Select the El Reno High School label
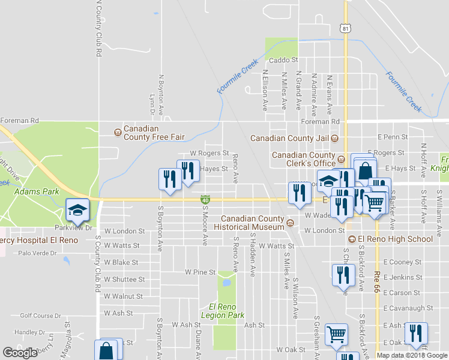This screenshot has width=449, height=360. tap(395, 239)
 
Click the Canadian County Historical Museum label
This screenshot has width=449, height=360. tap(253, 223)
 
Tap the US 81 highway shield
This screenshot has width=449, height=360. tap(344, 29)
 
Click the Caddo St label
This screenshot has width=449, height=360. tap(283, 61)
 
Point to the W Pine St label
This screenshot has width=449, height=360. tap(200, 272)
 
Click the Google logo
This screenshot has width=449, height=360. tap(20, 353)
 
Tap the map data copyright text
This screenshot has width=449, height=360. tap(412, 355)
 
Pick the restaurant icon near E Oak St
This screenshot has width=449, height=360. tap(416, 334)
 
